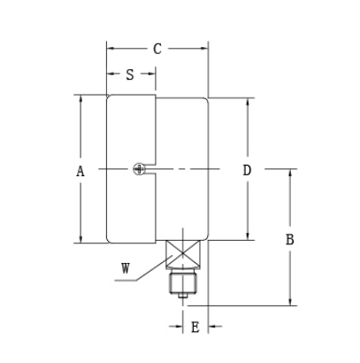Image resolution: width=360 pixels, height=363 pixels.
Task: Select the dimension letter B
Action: coord(289,240)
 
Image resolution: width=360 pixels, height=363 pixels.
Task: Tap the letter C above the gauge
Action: coord(157,49)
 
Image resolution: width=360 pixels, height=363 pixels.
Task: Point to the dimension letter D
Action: coord(248,169)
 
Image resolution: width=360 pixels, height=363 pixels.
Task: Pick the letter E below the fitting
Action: coord(195,328)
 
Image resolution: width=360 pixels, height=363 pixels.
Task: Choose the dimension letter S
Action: coord(130,74)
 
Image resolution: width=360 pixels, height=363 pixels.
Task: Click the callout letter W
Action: coord(126,266)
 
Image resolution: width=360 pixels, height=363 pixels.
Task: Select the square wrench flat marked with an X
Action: coord(184,257)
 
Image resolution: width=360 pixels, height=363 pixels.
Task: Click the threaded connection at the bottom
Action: coord(184,284)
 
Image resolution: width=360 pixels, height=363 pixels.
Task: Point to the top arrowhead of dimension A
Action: coord(80,98)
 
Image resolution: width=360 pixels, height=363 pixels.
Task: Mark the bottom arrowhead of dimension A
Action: coord(80,238)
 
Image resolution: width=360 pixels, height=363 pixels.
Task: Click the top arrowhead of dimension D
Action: coord(248,98)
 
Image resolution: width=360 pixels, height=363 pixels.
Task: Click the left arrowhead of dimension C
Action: coord(110,49)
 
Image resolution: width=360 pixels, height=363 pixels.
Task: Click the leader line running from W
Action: coord(150,274)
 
